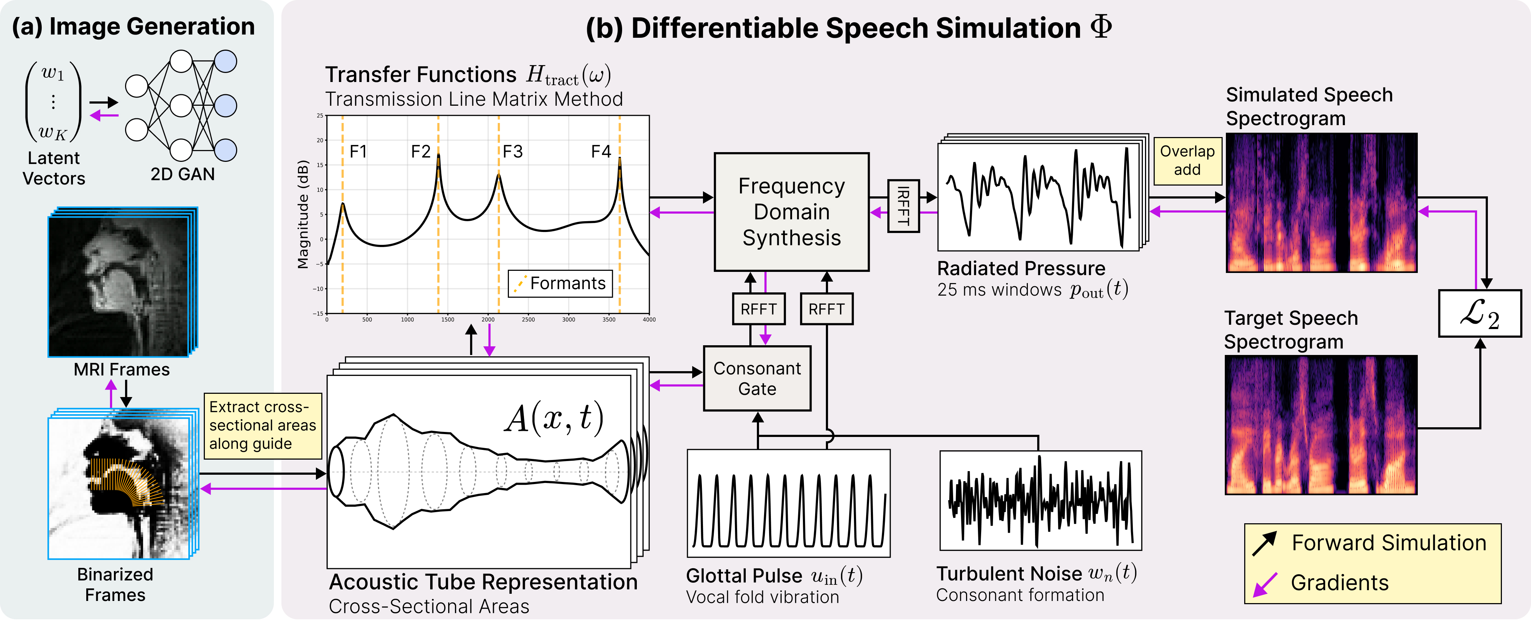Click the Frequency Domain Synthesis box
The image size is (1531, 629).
[792, 212]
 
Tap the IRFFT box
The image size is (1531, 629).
[904, 206]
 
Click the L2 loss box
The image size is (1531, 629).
[1479, 313]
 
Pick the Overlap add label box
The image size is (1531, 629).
[1187, 160]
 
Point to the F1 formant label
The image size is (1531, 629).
[358, 152]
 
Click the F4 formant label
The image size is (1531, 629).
[601, 152]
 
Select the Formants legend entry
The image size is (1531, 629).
[560, 284]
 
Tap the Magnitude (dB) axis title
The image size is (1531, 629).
[303, 214]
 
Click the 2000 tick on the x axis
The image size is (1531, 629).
[488, 320]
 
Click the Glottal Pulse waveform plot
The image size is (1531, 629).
[789, 503]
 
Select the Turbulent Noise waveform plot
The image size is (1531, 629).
[1041, 501]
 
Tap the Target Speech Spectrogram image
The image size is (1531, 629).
[1321, 425]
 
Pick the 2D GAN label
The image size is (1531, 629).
[183, 174]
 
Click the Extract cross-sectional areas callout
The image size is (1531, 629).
[263, 426]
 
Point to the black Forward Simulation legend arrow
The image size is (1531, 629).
[1264, 543]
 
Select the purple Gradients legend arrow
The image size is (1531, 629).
[1265, 584]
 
